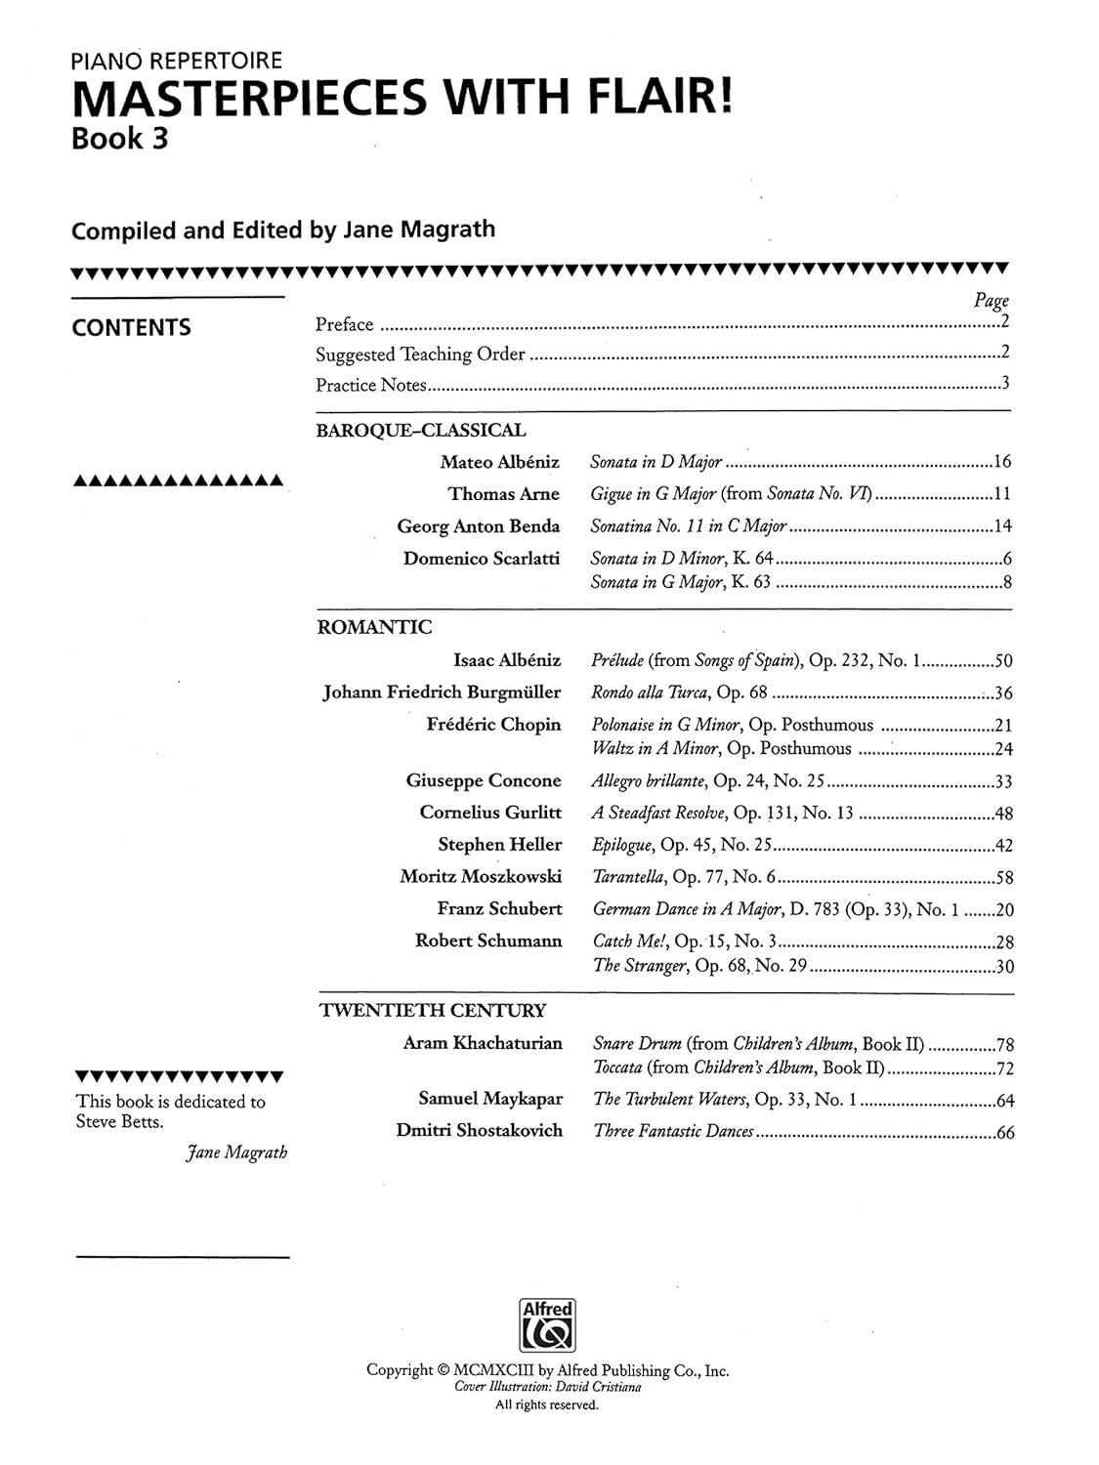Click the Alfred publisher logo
[548, 1325]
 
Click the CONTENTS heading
[131, 328]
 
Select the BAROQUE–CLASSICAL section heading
[421, 431]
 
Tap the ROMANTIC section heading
[375, 628]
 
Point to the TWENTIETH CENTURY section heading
[433, 1011]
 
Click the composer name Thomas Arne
[504, 494]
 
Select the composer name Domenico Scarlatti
[482, 559]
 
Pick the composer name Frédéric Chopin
[493, 725]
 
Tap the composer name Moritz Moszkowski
[481, 876]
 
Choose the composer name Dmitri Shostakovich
[480, 1131]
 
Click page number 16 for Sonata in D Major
[1002, 463]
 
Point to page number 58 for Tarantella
[1003, 878]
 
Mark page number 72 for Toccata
[1004, 1068]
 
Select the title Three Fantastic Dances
[674, 1132]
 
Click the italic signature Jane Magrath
[236, 1152]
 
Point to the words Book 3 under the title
[119, 139]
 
